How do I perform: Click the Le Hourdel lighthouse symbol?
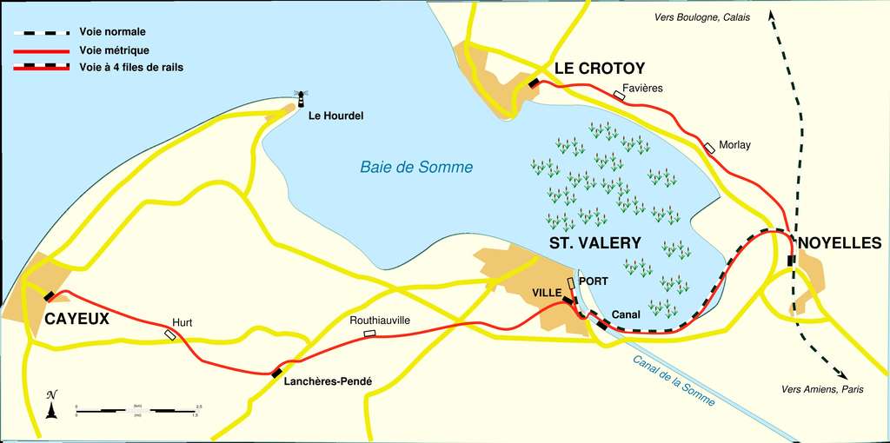302,98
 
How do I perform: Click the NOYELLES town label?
839,243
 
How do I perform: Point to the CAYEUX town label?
77,319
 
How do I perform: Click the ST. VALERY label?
594,243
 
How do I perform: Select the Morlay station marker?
711,148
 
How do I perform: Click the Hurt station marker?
170,334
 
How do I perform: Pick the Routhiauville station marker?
369,333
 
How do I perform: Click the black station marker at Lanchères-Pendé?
276,373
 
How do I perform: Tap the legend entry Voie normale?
112,32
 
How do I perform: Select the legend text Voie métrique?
114,50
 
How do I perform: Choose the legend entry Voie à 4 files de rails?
130,67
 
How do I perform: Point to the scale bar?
139,409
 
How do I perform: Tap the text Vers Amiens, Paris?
822,390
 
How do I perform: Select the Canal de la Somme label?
674,380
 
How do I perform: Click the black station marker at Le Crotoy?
533,83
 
